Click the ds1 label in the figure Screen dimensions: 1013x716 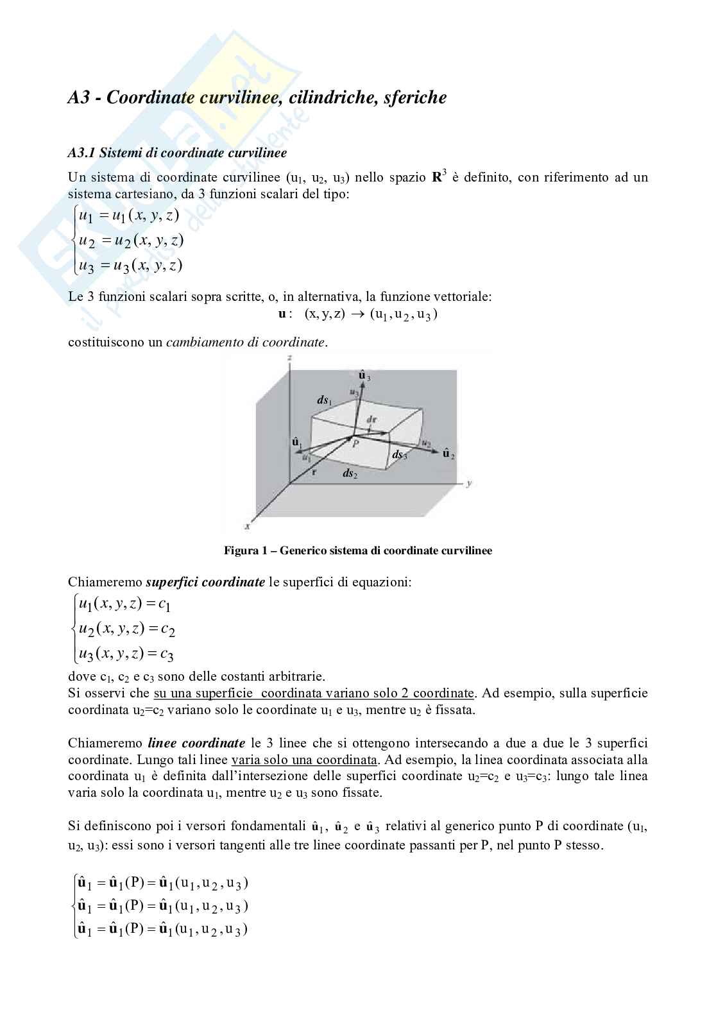[324, 400]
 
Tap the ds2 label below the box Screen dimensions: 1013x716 [350, 473]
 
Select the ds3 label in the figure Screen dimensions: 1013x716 [400, 455]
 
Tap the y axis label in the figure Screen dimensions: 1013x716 [470, 482]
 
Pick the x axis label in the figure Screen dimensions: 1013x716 [247, 526]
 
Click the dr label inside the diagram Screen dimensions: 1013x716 [371, 419]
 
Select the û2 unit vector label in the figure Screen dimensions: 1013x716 [448, 454]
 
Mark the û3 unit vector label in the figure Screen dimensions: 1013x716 [364, 376]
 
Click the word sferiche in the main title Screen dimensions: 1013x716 [414, 98]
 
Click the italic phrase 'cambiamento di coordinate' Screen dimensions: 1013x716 [245, 342]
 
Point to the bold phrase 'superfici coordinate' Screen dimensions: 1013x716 [205, 583]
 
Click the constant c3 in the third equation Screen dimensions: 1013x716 [167, 655]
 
